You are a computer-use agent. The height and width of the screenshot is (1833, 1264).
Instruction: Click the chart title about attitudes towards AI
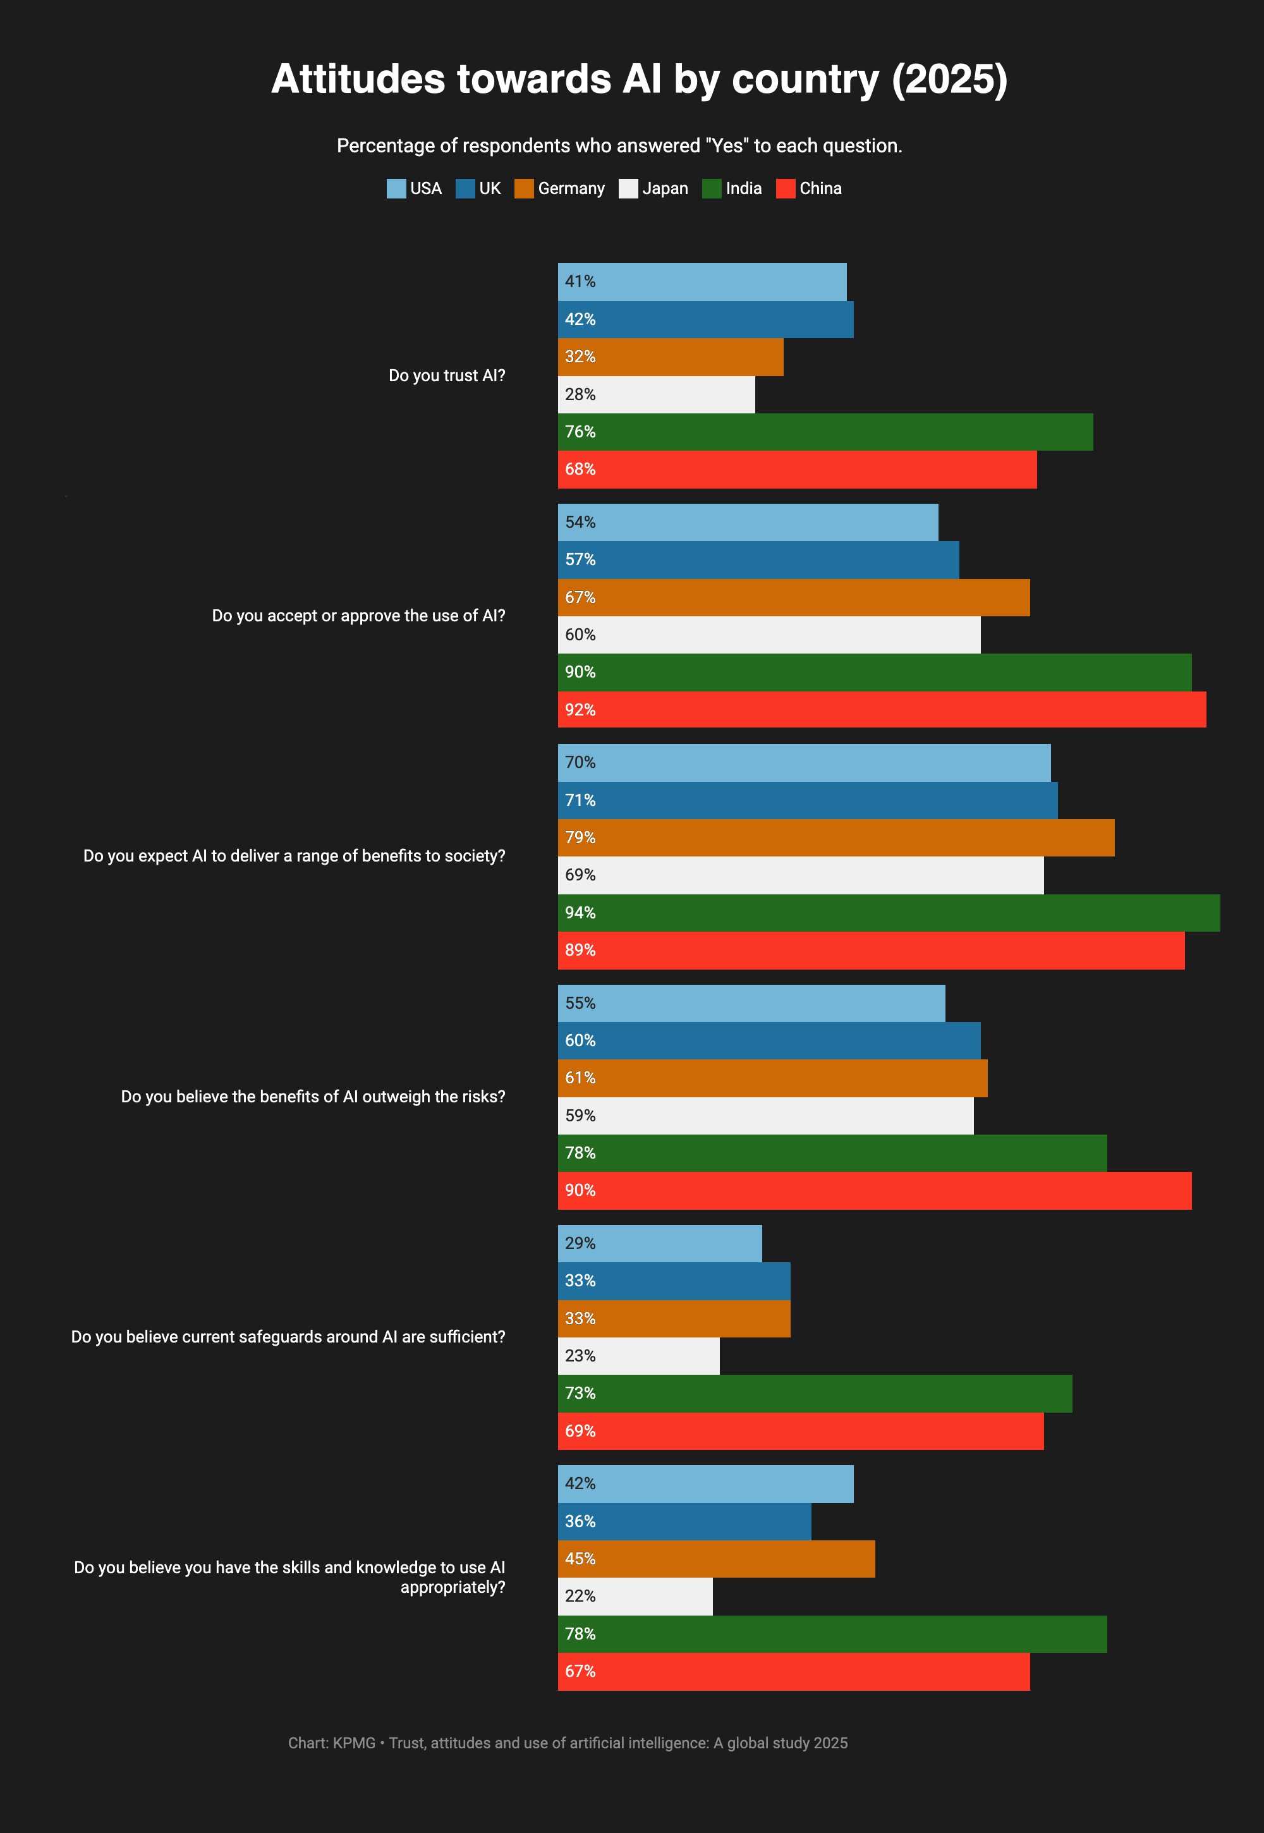pos(638,79)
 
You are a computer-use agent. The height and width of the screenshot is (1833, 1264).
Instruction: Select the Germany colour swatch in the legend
pos(523,188)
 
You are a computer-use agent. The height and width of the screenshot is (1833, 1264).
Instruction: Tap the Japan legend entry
pos(653,188)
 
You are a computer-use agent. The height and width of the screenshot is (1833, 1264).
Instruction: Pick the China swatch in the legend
pos(785,188)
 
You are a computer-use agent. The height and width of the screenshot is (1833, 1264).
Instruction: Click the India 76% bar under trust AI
pos(825,432)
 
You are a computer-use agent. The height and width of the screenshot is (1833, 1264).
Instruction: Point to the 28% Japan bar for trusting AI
pos(656,394)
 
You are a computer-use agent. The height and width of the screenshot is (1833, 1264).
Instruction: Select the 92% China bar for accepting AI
pos(882,710)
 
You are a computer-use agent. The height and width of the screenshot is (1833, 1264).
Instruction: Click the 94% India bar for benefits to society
pos(888,913)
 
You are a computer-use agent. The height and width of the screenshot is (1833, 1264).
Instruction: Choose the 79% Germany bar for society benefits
pos(836,837)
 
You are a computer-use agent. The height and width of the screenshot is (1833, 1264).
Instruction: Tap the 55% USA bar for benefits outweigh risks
pos(751,1003)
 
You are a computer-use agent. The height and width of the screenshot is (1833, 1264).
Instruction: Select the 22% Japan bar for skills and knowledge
pos(635,1596)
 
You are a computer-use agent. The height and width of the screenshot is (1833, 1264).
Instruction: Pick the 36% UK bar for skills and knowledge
pos(684,1521)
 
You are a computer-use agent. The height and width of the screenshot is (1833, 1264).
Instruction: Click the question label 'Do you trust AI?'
pos(447,375)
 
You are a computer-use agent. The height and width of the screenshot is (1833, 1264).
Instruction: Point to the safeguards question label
pos(288,1337)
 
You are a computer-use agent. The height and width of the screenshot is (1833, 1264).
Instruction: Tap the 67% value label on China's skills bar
pos(580,1671)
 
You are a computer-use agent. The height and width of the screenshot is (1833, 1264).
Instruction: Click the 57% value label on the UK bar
pos(580,560)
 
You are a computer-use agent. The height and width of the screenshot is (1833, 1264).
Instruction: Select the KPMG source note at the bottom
pos(567,1743)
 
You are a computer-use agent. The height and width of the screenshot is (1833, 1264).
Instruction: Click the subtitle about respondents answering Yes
pos(619,146)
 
